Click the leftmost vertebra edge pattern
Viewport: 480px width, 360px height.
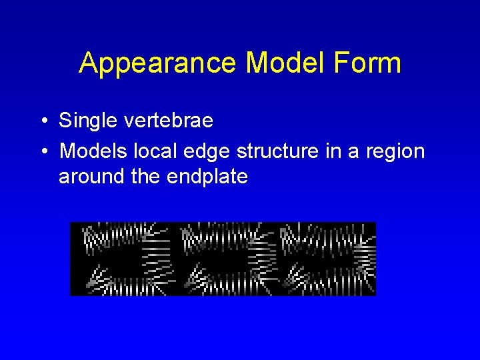(x=123, y=259)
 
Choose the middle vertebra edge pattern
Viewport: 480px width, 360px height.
(x=224, y=259)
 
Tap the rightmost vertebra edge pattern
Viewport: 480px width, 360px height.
(x=327, y=259)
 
